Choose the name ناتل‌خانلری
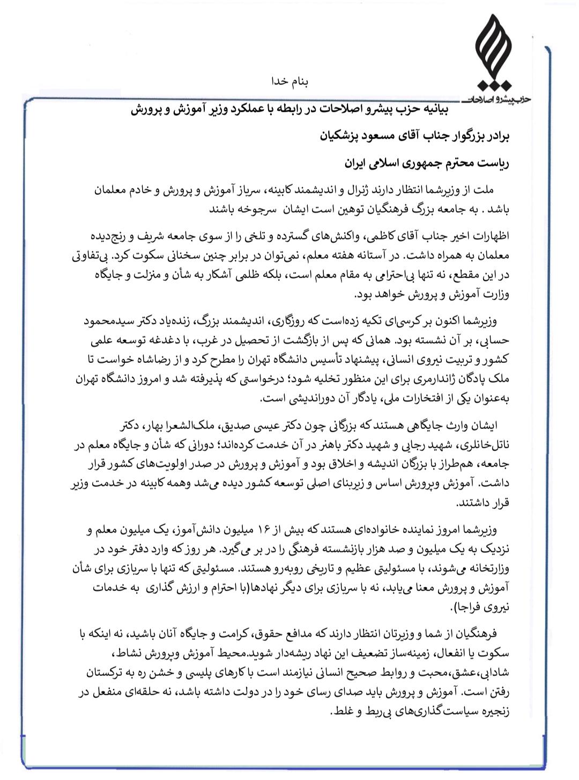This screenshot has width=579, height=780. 483,446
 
